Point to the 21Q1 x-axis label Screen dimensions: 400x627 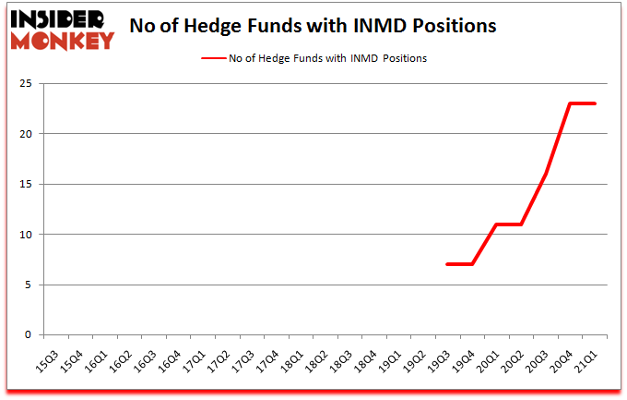click(585, 356)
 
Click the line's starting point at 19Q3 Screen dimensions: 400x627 click(447, 264)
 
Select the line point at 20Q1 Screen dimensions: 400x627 click(496, 224)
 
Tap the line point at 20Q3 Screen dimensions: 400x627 click(546, 175)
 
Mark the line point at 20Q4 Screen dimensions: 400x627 click(571, 103)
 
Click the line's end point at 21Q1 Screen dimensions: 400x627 click(595, 103)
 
